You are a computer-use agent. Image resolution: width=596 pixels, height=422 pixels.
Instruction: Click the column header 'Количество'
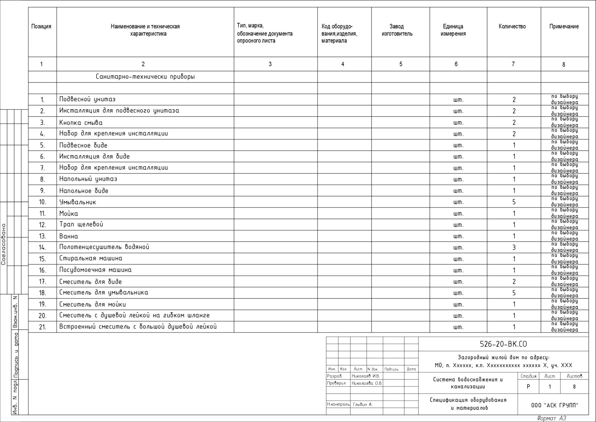(x=512, y=26)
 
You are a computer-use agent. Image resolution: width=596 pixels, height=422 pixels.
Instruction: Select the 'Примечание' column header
(x=564, y=26)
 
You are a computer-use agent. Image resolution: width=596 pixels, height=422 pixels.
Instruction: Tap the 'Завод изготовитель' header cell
(x=397, y=30)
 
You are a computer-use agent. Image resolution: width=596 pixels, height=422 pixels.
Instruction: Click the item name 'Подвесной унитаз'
(x=88, y=99)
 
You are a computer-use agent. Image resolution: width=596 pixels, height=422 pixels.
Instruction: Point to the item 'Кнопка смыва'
(x=81, y=123)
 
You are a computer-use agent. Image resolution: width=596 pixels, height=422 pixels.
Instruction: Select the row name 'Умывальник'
(x=77, y=202)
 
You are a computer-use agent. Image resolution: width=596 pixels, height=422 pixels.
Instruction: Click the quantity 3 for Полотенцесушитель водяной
(x=514, y=248)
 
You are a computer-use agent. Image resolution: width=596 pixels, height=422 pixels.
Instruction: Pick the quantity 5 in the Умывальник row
(x=514, y=202)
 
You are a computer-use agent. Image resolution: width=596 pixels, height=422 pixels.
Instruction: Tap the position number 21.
(x=42, y=327)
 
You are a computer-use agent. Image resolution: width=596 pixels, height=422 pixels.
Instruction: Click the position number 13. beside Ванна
(x=42, y=236)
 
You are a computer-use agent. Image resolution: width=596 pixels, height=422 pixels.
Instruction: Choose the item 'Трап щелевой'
(x=81, y=224)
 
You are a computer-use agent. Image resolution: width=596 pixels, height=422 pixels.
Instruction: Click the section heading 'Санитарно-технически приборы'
(x=145, y=77)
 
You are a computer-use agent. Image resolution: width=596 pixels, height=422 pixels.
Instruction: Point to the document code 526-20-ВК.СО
(x=503, y=344)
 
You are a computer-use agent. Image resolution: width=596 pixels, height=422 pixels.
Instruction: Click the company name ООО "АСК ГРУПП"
(x=555, y=406)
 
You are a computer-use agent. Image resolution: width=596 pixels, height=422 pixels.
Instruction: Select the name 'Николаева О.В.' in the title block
(x=367, y=383)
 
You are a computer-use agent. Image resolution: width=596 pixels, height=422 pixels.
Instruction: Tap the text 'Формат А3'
(x=552, y=418)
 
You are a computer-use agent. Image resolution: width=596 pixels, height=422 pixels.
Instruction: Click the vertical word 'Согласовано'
(x=4, y=244)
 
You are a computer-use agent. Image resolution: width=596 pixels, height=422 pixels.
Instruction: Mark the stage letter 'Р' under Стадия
(x=528, y=387)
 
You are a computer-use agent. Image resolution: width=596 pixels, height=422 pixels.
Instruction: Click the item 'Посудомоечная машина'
(x=95, y=270)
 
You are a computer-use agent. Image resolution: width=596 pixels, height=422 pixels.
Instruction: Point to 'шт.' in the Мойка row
(x=458, y=214)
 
